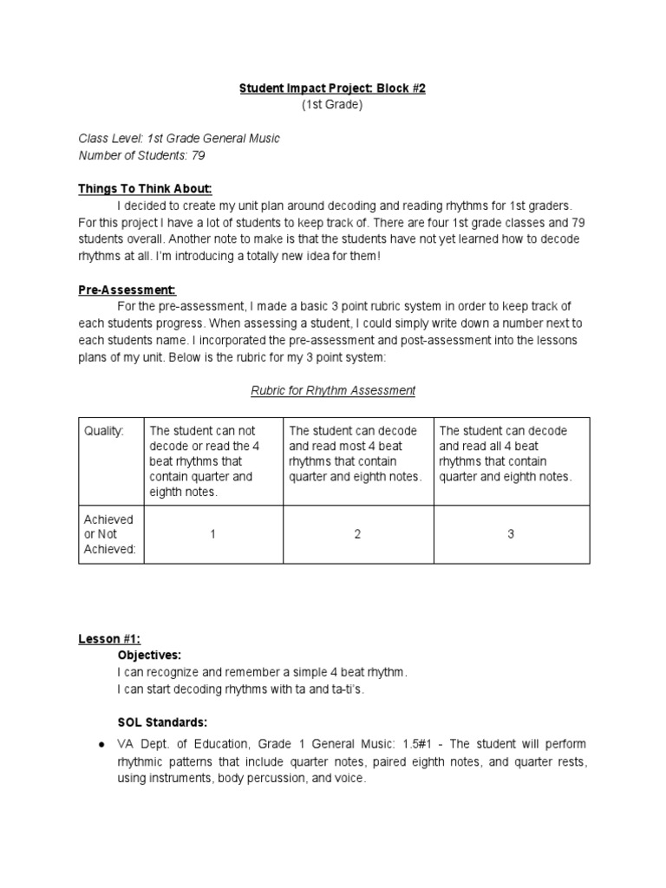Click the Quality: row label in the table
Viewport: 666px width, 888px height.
point(104,431)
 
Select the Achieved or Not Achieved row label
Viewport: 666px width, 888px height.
point(109,534)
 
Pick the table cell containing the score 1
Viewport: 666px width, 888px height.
point(212,534)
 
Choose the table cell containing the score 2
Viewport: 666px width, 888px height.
point(357,534)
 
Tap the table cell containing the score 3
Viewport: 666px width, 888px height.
point(511,534)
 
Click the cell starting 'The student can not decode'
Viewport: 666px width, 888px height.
point(212,461)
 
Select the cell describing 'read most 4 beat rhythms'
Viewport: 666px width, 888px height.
point(357,454)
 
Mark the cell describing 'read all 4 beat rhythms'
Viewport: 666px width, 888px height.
point(511,454)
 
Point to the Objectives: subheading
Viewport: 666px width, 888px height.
point(149,655)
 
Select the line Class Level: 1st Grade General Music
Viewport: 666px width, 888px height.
point(180,139)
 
